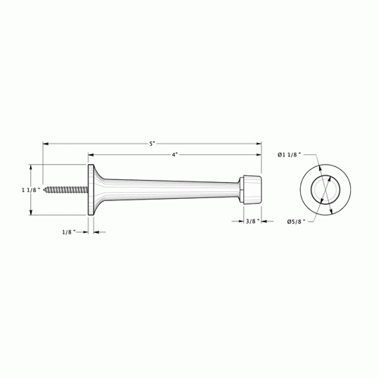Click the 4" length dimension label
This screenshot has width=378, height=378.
click(175, 154)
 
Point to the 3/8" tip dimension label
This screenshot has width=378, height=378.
click(253, 221)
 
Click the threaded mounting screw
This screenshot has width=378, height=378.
click(67, 189)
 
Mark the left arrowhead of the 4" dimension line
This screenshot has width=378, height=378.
click(91, 154)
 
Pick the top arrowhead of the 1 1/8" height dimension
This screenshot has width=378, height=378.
click(31, 165)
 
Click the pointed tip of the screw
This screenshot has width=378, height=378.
click(45, 189)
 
